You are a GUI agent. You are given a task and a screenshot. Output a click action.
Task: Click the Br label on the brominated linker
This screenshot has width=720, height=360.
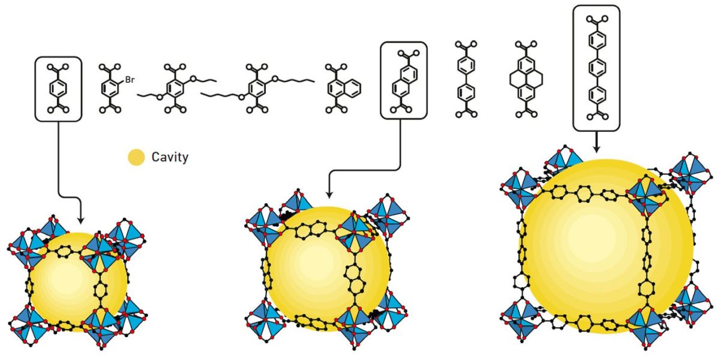point(130,79)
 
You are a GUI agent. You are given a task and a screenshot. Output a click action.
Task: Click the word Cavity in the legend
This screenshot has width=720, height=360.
point(170,157)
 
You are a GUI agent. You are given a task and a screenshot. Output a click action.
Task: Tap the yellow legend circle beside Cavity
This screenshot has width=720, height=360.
point(136,157)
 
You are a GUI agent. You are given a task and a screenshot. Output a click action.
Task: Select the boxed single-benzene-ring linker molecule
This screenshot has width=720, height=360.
point(58,89)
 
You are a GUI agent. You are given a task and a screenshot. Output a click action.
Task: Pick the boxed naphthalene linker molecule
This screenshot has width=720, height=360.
point(404,82)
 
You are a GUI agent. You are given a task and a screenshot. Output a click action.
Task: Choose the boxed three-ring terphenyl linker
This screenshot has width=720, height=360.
point(597,68)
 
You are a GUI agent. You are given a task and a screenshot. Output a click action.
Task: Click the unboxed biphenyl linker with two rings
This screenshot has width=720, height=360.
point(466,79)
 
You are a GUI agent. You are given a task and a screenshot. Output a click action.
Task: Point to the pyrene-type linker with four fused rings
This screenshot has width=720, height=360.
point(526,79)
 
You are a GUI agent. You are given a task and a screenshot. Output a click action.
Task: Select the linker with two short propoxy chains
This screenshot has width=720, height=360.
point(176,89)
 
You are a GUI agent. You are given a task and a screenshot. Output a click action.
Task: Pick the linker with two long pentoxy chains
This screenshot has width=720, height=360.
point(257,89)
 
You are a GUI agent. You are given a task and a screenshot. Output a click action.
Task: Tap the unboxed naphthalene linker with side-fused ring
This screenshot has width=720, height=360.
point(343,89)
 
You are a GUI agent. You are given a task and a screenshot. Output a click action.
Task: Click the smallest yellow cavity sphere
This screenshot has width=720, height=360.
point(78,282)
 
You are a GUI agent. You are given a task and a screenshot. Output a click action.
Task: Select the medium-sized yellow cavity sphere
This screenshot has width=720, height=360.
point(328,269)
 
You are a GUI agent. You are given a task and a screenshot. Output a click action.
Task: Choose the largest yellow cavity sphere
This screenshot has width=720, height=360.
point(605,247)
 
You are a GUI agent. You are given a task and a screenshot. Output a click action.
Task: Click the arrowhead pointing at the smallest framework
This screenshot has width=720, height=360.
point(80,221)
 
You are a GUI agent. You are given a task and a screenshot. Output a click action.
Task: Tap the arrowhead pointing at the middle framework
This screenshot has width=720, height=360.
point(329,195)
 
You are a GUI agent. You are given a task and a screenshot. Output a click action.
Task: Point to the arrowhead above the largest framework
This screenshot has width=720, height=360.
point(596,149)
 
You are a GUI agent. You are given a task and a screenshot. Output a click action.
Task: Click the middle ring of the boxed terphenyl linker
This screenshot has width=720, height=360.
point(597,68)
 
